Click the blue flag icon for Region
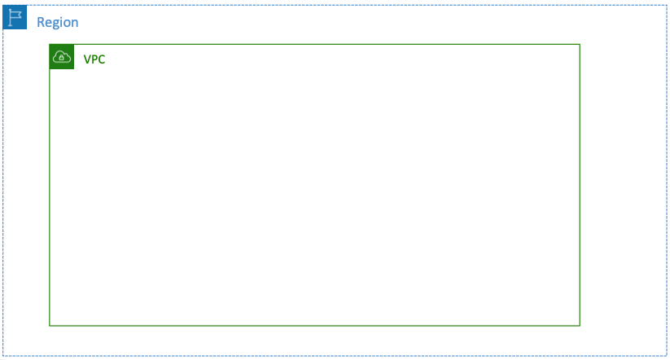click(15, 16)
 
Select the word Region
click(58, 22)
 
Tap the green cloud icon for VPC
click(62, 57)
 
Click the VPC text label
click(94, 59)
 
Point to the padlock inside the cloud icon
click(62, 58)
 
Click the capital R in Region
click(41, 22)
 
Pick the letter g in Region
click(55, 24)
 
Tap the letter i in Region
click(61, 22)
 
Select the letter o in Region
click(67, 23)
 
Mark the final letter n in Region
click(75, 23)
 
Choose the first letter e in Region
click(48, 23)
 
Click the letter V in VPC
click(87, 59)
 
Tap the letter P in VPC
click(94, 59)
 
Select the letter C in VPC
click(101, 59)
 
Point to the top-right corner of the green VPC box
click(580, 45)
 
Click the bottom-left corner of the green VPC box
click(50, 325)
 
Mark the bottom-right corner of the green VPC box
click(580, 325)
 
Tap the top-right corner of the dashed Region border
click(666, 5)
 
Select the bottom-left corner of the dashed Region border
click(3, 355)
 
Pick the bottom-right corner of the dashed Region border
click(666, 355)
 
